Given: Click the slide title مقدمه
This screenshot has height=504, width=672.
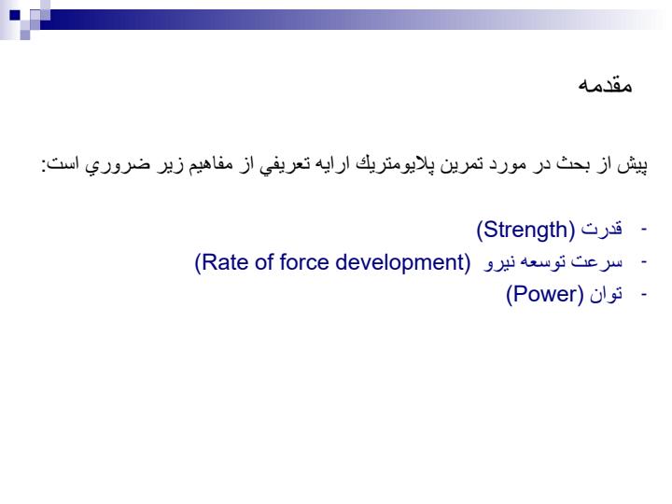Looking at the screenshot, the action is click(605, 85).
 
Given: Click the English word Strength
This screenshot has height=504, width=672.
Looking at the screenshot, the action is click(525, 230).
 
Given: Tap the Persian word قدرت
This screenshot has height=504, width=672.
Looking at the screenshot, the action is click(602, 229).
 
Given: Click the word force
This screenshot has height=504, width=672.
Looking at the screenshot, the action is click(304, 262).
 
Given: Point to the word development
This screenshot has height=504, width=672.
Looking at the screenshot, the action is click(399, 263).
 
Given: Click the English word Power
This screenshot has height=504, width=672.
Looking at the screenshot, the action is click(545, 294).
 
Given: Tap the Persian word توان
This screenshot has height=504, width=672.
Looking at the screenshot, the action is click(606, 294).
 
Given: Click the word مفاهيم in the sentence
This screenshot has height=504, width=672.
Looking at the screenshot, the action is click(208, 164).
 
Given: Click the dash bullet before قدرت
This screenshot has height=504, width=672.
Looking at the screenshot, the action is click(643, 230).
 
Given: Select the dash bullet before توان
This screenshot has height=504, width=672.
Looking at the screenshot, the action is click(643, 295).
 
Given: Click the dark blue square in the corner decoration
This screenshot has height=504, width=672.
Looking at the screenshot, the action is click(15, 15).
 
